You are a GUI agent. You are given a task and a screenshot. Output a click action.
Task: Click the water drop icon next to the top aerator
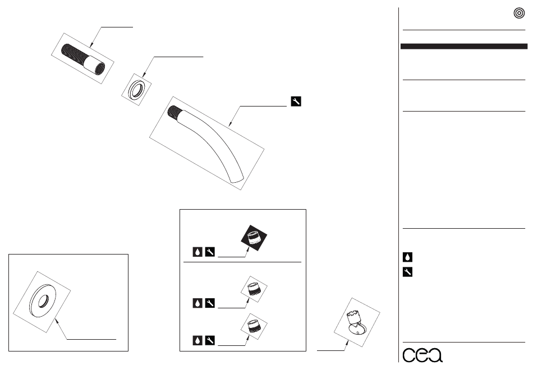point(197,252)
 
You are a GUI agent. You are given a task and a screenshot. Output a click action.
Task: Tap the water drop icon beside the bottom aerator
point(197,340)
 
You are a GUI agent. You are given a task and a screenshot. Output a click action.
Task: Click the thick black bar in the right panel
point(463,47)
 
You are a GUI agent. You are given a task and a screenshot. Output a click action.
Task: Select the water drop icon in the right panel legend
point(408,257)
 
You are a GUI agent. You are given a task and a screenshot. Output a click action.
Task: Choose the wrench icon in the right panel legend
point(408,272)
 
